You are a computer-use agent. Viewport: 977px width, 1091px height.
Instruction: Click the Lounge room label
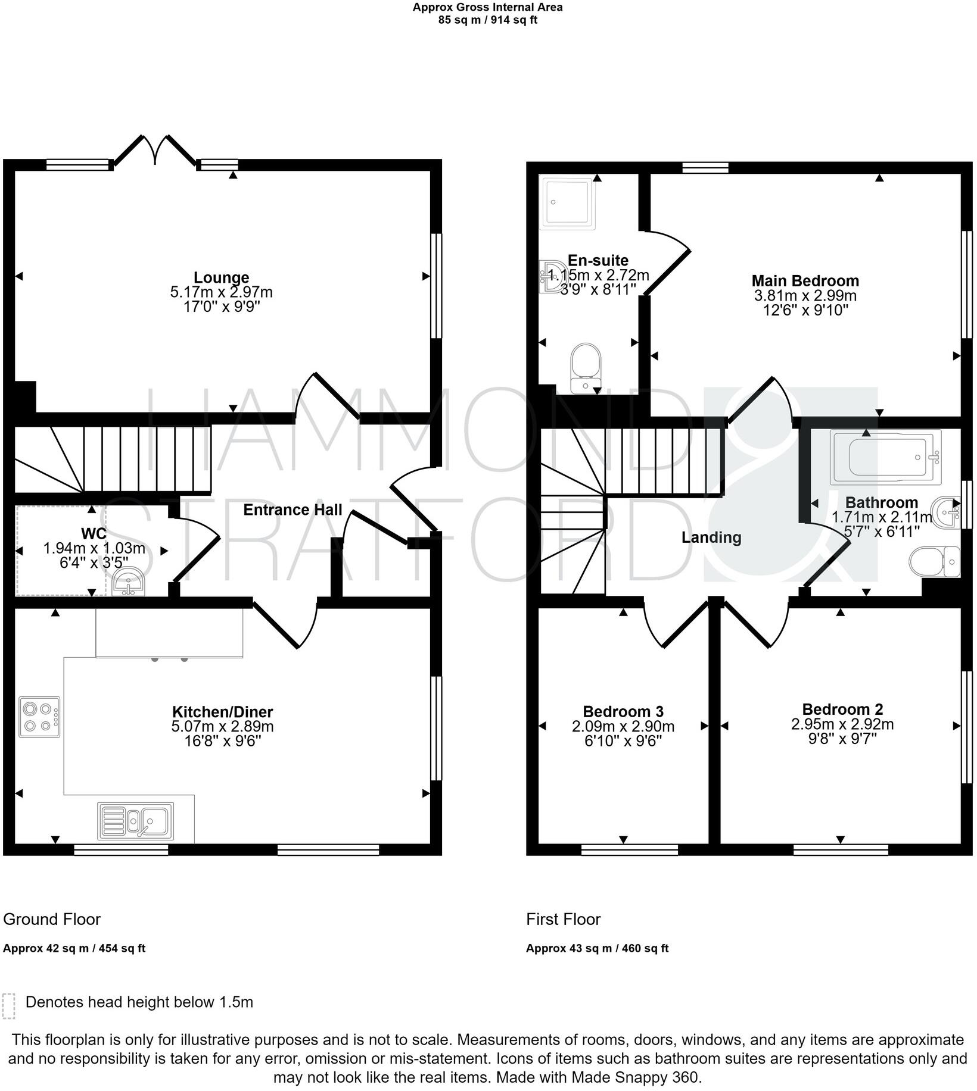tap(221, 277)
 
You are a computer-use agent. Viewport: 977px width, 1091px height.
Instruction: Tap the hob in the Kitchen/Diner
tap(39, 717)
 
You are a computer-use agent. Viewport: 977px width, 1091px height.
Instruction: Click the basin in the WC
tap(128, 582)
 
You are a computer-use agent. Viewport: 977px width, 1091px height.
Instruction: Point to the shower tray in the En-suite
tap(567, 202)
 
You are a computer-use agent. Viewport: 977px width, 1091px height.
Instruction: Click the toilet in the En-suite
tap(586, 368)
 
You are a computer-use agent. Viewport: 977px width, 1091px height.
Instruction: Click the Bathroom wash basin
tap(947, 511)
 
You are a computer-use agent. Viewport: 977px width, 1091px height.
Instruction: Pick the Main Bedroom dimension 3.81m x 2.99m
tap(805, 296)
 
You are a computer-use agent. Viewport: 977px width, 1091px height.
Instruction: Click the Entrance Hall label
tap(293, 510)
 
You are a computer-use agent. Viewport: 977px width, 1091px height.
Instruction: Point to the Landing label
tap(711, 537)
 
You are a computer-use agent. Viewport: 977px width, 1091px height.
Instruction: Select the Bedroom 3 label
tap(623, 711)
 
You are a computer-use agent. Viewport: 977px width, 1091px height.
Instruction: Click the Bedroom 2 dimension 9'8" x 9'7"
tap(842, 739)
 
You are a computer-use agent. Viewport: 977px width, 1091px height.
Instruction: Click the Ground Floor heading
tap(52, 920)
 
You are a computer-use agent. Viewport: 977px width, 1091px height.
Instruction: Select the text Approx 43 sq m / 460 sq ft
tap(597, 949)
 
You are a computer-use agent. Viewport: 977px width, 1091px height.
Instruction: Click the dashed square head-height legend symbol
tap(8, 1006)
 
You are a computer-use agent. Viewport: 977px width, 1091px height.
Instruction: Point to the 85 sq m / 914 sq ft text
tap(487, 20)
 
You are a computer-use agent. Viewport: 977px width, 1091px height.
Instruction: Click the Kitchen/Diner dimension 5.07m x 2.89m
tap(222, 727)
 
